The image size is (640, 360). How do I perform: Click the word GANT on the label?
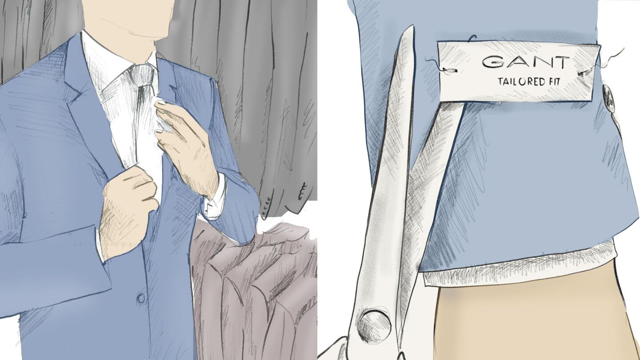point(526,62)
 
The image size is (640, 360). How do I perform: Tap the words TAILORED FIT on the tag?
point(529,81)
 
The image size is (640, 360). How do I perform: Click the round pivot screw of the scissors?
point(374,326)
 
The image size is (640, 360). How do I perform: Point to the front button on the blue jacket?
point(140,298)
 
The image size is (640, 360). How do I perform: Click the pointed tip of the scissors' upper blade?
point(412,27)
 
